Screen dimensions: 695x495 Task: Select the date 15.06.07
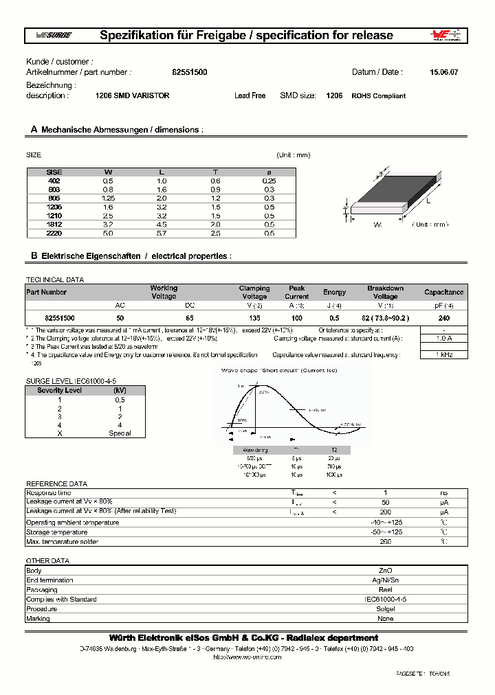443,72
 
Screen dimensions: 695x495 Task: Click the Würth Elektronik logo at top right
448,36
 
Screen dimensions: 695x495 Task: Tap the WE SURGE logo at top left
53,36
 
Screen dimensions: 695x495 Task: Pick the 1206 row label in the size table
54,206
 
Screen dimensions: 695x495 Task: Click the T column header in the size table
215,171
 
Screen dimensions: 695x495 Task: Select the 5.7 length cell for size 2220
162,233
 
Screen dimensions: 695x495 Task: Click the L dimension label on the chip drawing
428,201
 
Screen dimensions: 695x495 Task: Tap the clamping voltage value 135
254,318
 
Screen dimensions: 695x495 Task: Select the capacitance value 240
443,318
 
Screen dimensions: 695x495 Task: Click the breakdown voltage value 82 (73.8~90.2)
386,318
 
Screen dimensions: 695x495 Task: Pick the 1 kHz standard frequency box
443,354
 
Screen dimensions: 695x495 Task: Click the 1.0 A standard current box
443,338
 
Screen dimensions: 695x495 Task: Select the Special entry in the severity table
120,433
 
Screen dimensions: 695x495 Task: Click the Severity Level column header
60,390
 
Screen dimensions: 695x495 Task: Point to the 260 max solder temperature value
386,542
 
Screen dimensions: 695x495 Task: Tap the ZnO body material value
386,570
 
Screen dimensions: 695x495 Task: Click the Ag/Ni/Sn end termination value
386,580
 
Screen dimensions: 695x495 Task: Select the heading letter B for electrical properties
33,255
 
